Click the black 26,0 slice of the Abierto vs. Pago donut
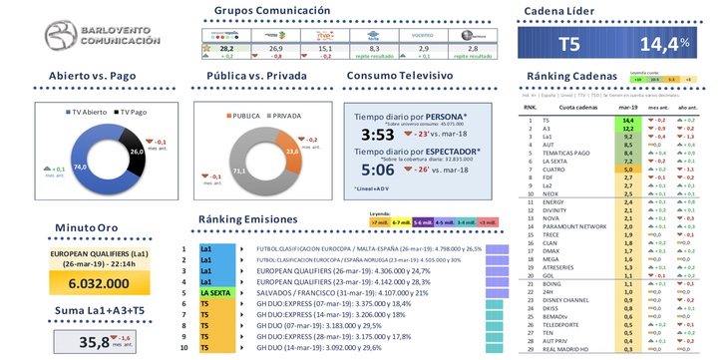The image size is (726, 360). point(137,152)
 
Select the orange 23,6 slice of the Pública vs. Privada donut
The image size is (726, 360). point(291,152)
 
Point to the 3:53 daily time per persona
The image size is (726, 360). point(378,135)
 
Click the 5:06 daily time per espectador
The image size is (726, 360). point(378,169)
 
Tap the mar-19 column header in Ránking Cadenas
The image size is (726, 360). point(629,108)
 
